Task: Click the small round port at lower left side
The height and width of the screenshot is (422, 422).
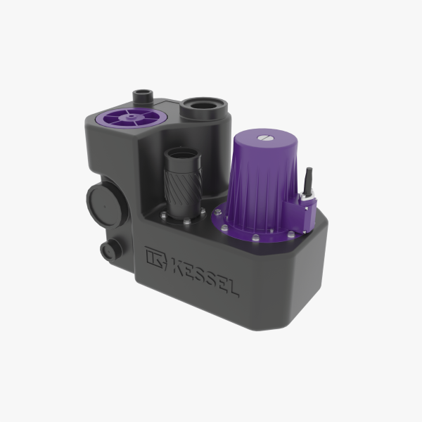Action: (110, 249)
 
